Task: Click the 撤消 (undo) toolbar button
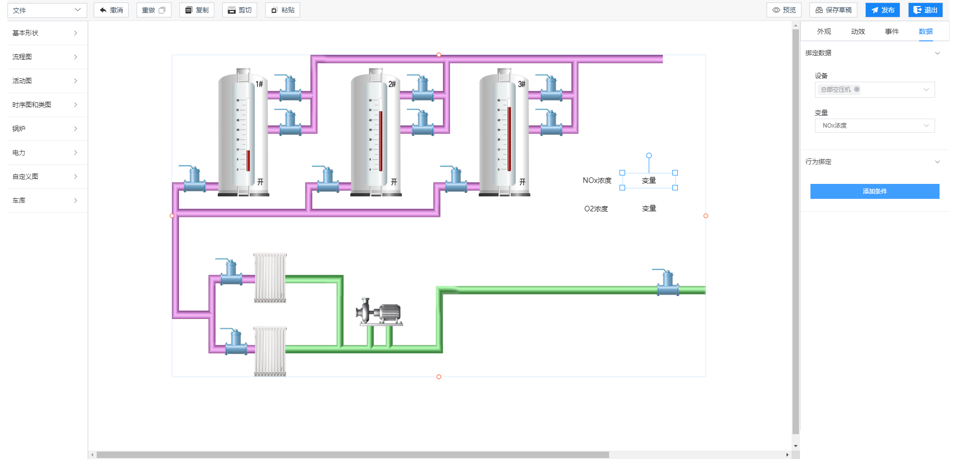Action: pos(111,10)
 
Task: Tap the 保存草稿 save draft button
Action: pos(833,10)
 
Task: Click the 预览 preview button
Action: pos(784,10)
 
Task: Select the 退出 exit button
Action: pos(925,10)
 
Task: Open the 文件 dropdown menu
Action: pos(47,10)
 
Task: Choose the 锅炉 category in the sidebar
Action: pos(45,129)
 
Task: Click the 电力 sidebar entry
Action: pos(45,153)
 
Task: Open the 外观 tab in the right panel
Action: pos(824,31)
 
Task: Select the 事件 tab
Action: pos(892,31)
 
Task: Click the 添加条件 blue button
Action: pos(874,191)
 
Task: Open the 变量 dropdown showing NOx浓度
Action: pos(874,126)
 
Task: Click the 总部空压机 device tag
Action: pos(836,90)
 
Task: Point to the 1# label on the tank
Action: pos(259,84)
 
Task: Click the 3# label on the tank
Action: pos(521,84)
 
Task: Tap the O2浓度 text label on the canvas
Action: pos(596,209)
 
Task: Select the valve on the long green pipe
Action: pos(667,284)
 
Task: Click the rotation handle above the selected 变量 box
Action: pos(648,156)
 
